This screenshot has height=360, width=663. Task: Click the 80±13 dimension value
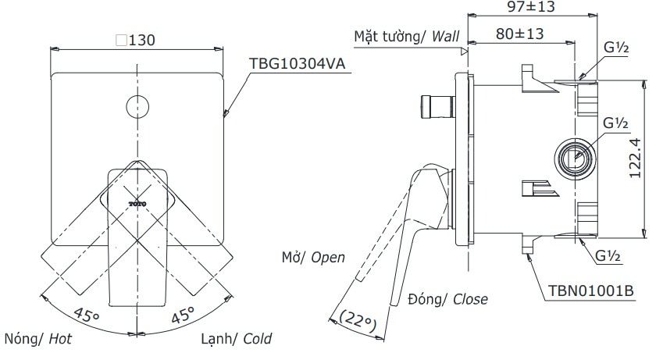point(514,34)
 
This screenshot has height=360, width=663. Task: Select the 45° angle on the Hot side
point(87,315)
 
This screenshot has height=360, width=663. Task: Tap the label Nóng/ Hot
point(39,340)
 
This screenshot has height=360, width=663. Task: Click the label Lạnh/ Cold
point(235,340)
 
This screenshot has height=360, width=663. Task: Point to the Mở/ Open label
point(313,257)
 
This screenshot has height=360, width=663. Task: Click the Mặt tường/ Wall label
point(406,37)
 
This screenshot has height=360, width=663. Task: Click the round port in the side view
point(575,158)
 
